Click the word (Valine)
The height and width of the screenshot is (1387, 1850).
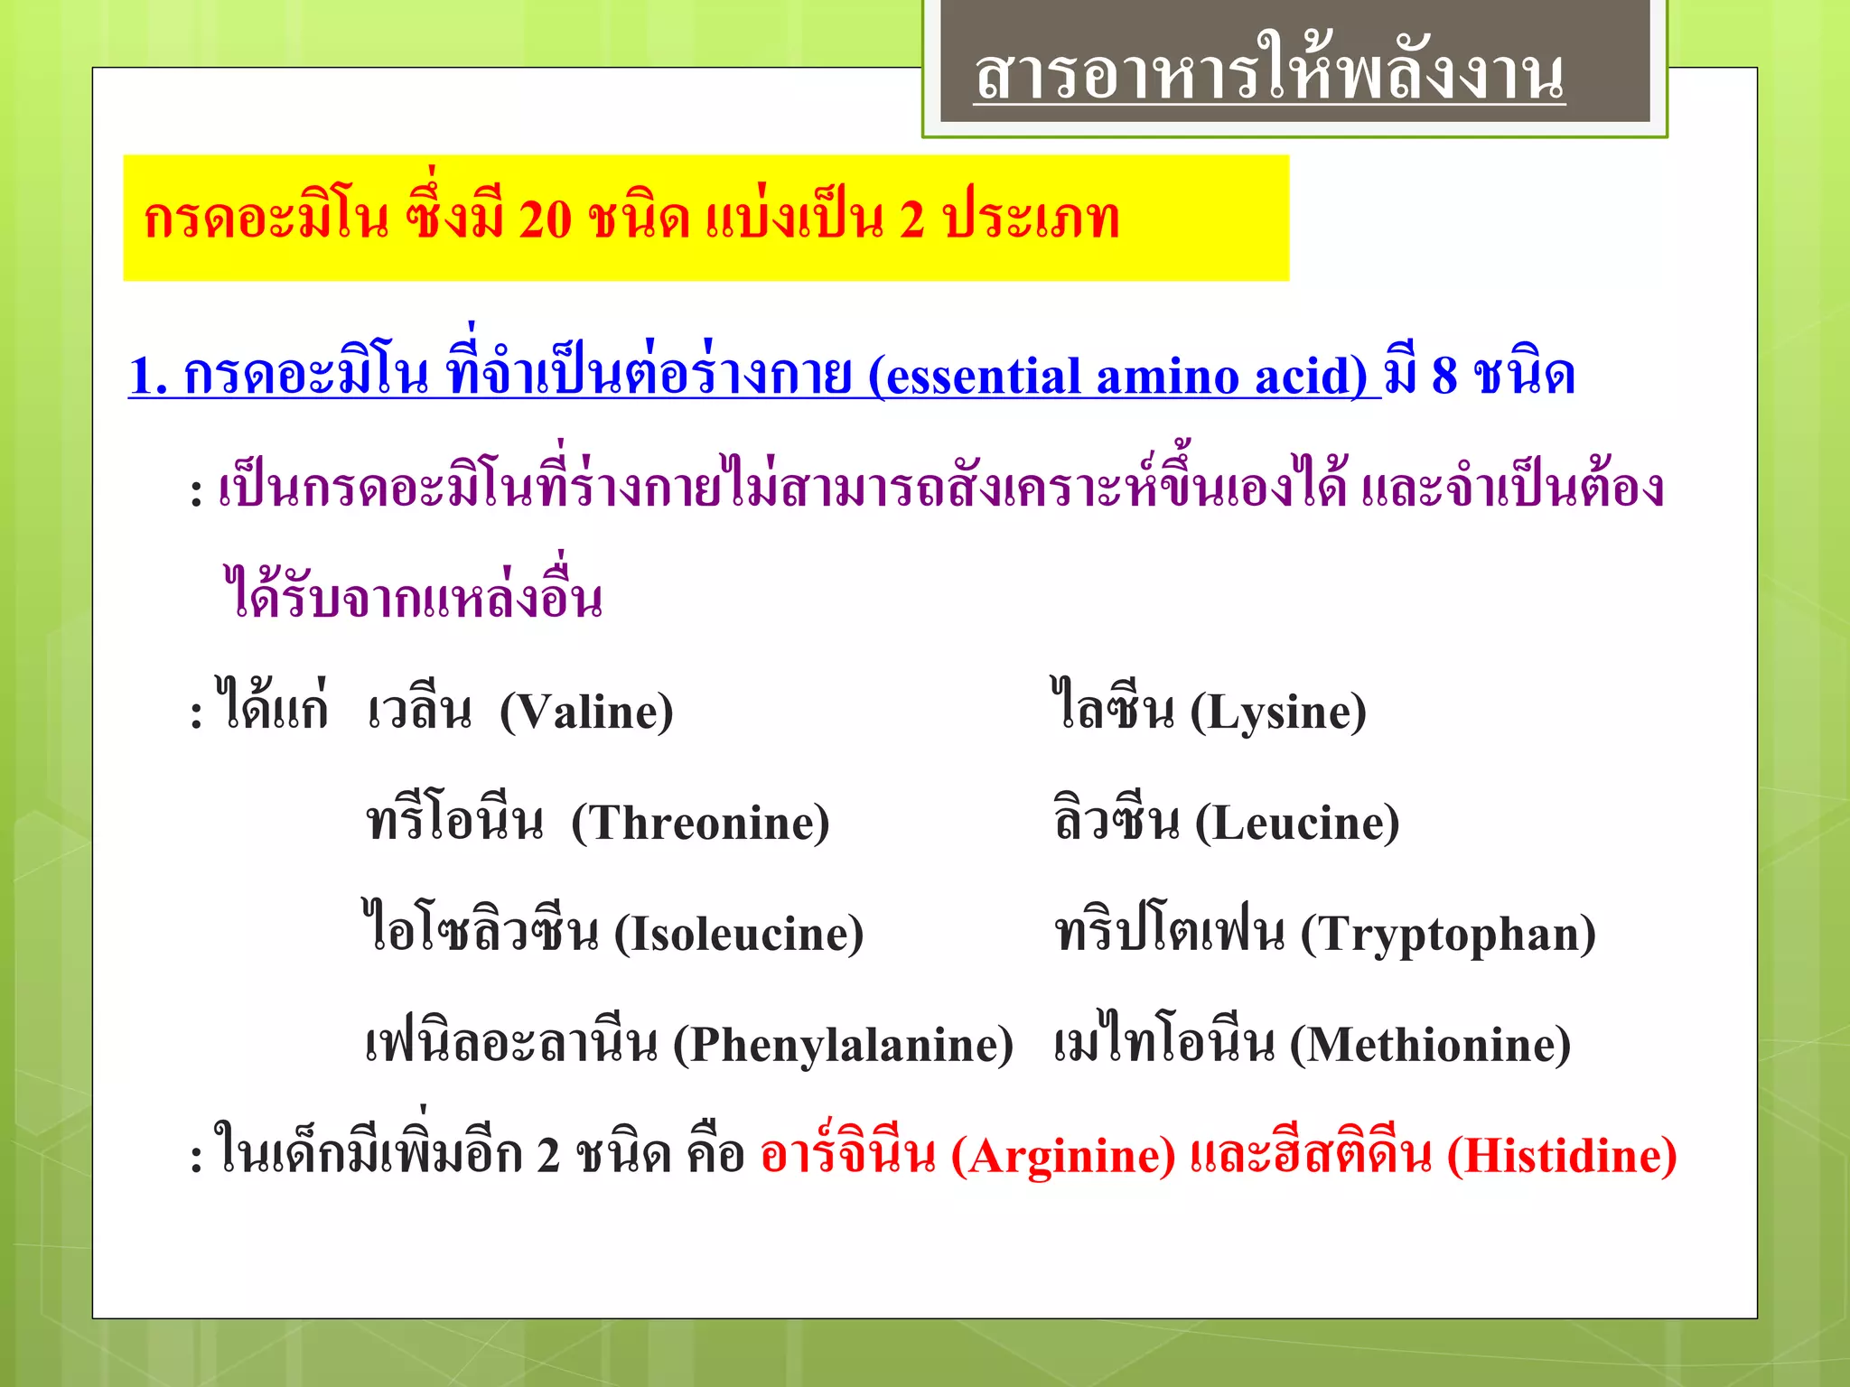pyautogui.click(x=586, y=712)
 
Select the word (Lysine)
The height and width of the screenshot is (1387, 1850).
pyautogui.click(x=1277, y=712)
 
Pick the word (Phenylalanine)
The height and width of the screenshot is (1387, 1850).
pyautogui.click(x=843, y=1046)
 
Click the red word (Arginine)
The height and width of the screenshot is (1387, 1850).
pyautogui.click(x=1063, y=1157)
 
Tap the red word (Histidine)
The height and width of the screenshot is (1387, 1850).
pyautogui.click(x=1562, y=1157)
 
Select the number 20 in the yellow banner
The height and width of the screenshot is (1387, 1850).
pyautogui.click(x=546, y=219)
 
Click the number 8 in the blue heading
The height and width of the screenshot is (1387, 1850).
pyautogui.click(x=1444, y=375)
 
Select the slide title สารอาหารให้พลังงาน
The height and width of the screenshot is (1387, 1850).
pyautogui.click(x=1269, y=74)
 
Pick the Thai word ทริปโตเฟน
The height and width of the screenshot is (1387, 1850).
pyautogui.click(x=1169, y=931)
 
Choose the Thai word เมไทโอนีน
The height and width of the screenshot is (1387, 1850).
pyautogui.click(x=1164, y=1042)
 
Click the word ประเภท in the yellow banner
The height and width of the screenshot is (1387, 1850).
pyautogui.click(x=1031, y=219)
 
